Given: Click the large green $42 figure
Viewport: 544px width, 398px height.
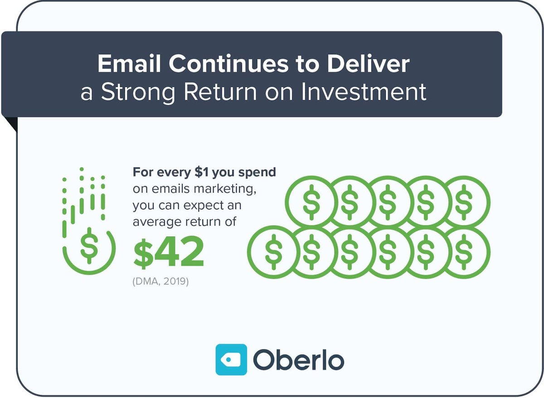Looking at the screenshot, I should [x=169, y=255].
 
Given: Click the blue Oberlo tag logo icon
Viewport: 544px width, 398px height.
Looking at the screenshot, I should [x=231, y=359].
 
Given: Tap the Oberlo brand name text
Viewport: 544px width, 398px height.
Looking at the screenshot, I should [x=298, y=360].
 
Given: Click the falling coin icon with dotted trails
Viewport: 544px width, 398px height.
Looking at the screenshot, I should [x=89, y=247].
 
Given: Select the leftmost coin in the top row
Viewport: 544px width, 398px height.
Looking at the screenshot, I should [x=311, y=201].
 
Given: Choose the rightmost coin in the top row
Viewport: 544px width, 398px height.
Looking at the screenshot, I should [x=464, y=201].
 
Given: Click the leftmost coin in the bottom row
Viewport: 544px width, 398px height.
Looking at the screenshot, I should [x=273, y=252].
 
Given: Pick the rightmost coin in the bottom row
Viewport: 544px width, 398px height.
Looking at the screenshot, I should [x=464, y=252].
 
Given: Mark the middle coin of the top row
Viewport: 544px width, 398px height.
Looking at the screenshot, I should [x=388, y=201].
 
